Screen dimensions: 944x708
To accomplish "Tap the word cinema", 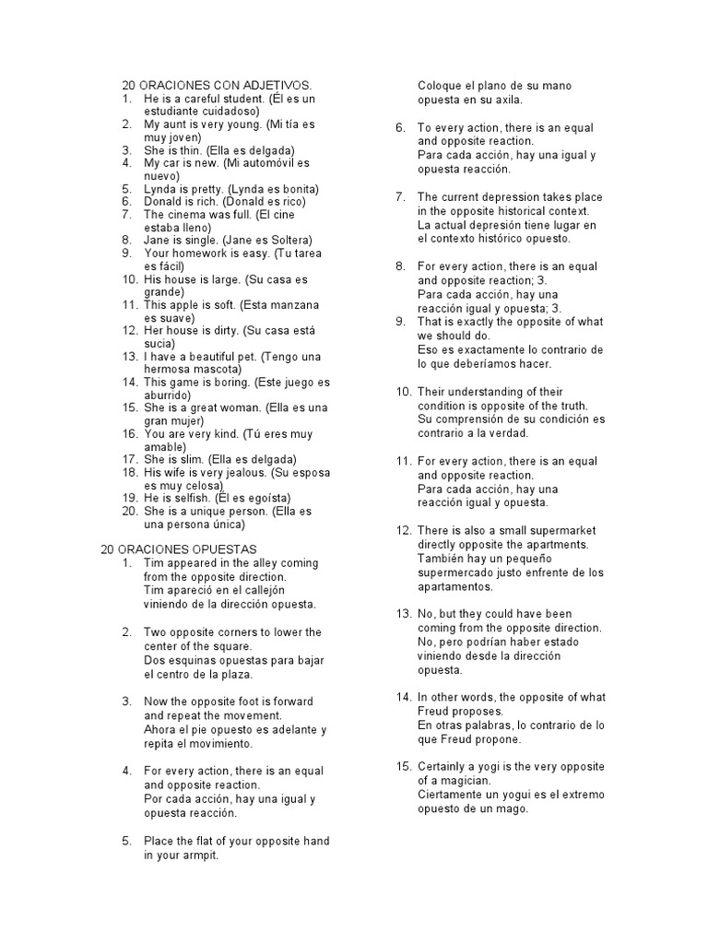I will tap(189, 214).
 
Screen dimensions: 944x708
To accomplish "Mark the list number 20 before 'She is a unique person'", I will tap(128, 511).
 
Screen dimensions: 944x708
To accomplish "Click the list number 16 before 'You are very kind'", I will tap(128, 433).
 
